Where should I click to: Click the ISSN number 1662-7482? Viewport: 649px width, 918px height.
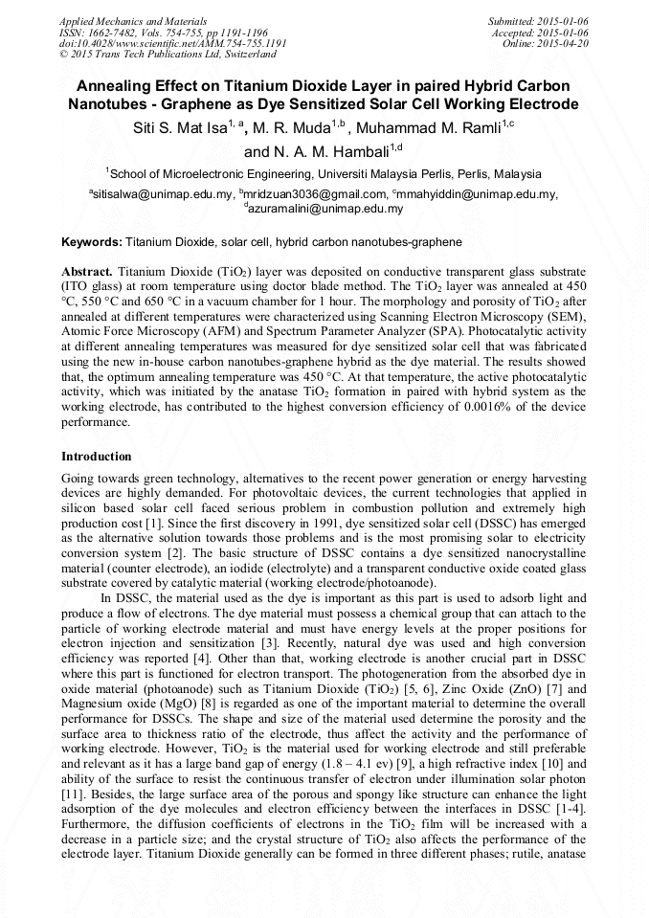(x=123, y=33)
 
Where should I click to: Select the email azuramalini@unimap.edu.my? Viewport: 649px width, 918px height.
(x=326, y=208)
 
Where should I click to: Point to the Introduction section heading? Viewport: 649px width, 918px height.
(x=97, y=456)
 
